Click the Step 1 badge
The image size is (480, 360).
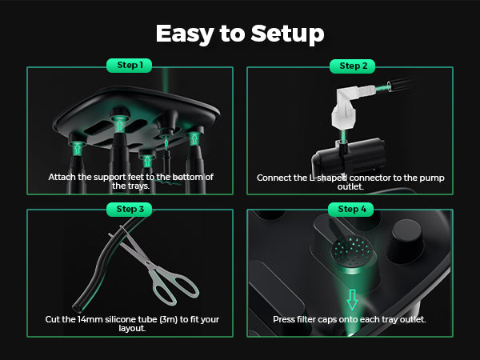click(x=129, y=66)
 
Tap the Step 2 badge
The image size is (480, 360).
click(x=352, y=66)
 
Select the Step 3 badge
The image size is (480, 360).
click(x=129, y=209)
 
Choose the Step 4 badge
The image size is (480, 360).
click(x=351, y=209)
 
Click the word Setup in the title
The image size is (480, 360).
click(x=287, y=34)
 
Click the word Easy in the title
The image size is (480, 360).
click(x=185, y=34)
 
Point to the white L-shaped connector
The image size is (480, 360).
click(x=352, y=106)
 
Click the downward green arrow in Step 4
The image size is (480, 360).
click(x=352, y=299)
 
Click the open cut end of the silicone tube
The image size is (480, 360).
click(x=76, y=307)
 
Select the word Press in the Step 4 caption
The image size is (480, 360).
click(x=284, y=319)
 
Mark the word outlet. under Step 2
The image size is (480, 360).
click(x=350, y=186)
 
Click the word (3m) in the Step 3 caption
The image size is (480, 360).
click(x=168, y=319)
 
